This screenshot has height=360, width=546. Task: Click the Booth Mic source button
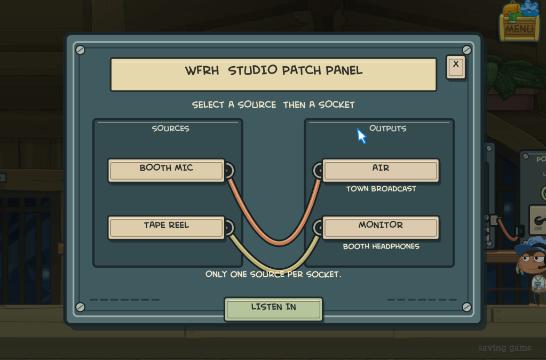tap(167, 171)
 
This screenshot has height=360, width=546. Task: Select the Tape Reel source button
tap(167, 228)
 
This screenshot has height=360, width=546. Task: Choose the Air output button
tap(381, 171)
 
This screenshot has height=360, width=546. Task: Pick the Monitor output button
tap(381, 228)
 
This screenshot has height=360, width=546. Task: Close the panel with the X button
tap(456, 67)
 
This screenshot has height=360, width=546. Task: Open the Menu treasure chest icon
tap(519, 21)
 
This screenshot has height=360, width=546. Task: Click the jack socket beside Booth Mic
tap(229, 171)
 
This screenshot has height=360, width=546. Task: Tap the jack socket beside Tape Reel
tap(229, 228)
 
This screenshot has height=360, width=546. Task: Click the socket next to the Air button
tap(319, 171)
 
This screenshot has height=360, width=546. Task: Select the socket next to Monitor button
tap(319, 228)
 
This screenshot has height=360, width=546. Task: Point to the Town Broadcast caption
tap(381, 189)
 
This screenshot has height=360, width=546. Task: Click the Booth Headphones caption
tap(381, 246)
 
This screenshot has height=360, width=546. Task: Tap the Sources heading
tap(171, 129)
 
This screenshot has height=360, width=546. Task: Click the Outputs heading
tap(387, 129)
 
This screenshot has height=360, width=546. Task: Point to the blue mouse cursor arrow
tap(361, 135)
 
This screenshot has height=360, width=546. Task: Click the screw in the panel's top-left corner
tap(81, 50)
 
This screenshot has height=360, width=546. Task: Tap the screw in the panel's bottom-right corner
tap(466, 307)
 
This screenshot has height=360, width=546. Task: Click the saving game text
tap(505, 348)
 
